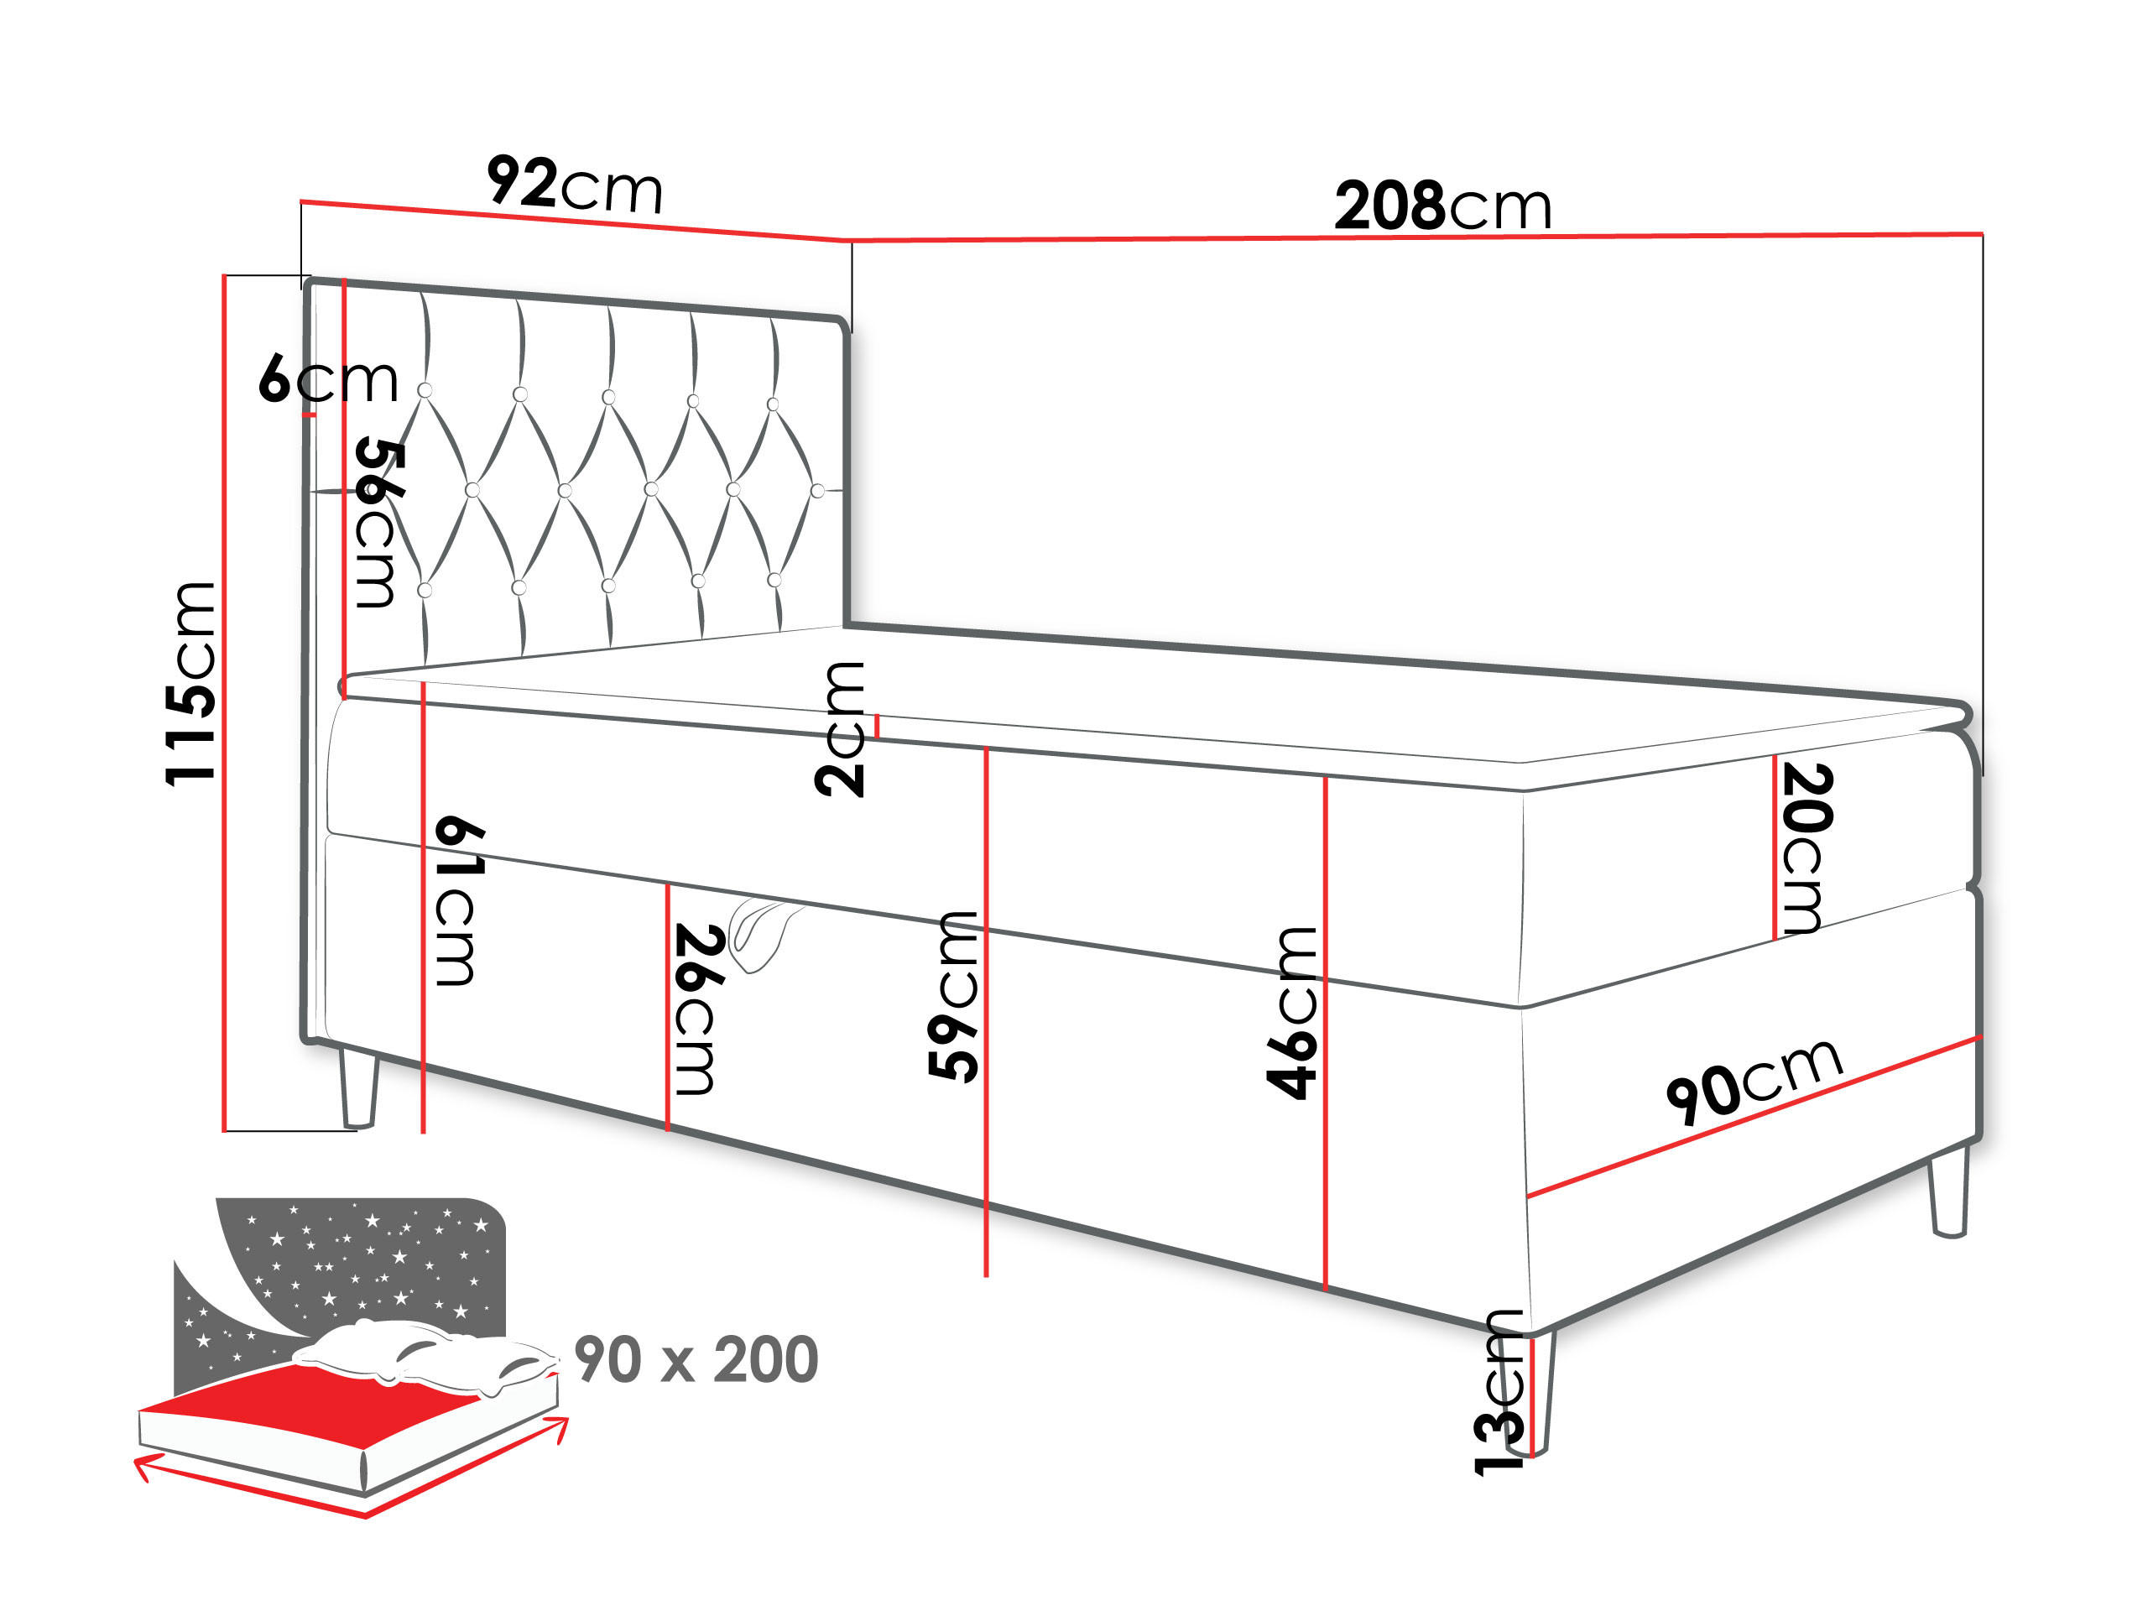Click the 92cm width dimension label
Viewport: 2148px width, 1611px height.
(575, 184)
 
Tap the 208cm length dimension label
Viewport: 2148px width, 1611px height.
(1443, 206)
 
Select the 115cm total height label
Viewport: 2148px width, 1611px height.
(190, 683)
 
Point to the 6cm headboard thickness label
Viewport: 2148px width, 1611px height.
(328, 378)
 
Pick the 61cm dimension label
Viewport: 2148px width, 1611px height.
(458, 901)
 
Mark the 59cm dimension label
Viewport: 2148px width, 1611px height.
(953, 996)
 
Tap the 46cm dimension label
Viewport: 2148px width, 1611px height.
(1291, 1012)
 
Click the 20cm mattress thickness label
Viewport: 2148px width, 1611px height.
(1807, 847)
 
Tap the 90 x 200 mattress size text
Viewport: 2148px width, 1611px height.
(696, 1359)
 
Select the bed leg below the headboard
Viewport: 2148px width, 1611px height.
(358, 1087)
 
